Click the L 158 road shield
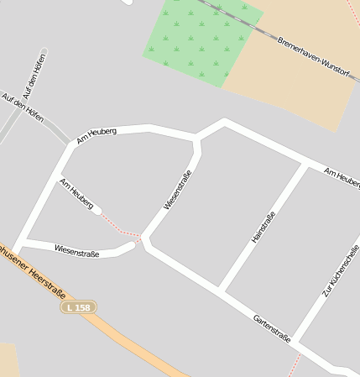tap(78, 308)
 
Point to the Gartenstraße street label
tap(272, 327)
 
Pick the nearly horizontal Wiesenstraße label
tap(76, 249)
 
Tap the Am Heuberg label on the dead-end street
tap(76, 193)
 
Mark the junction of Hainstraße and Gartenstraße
tap(222, 290)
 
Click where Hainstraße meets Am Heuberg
tap(304, 165)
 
